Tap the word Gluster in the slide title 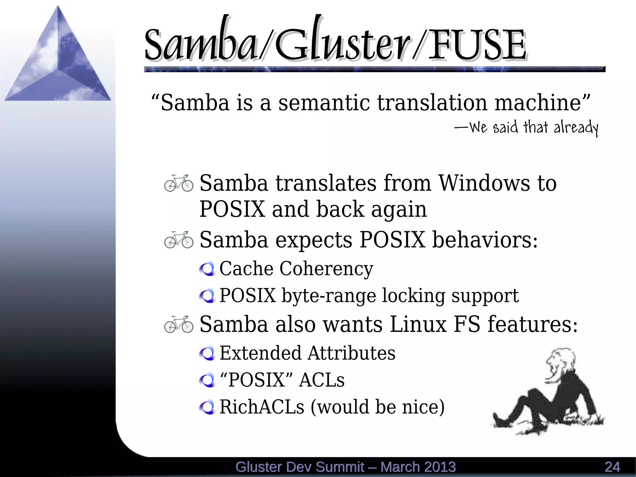[x=342, y=44]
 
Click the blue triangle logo [x=58, y=59]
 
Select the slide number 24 [x=612, y=467]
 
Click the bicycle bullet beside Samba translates [x=179, y=183]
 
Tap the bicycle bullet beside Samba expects [x=179, y=240]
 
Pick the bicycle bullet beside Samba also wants [x=179, y=324]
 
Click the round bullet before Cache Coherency [x=207, y=269]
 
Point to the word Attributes [x=352, y=353]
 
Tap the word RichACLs [x=262, y=407]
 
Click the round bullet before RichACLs [x=207, y=407]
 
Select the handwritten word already [x=576, y=127]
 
